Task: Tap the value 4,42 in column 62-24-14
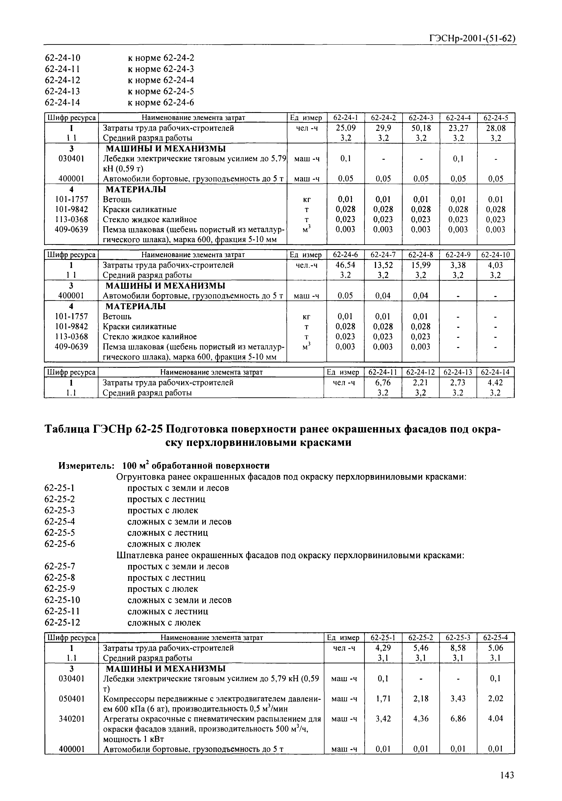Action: coord(496,383)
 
